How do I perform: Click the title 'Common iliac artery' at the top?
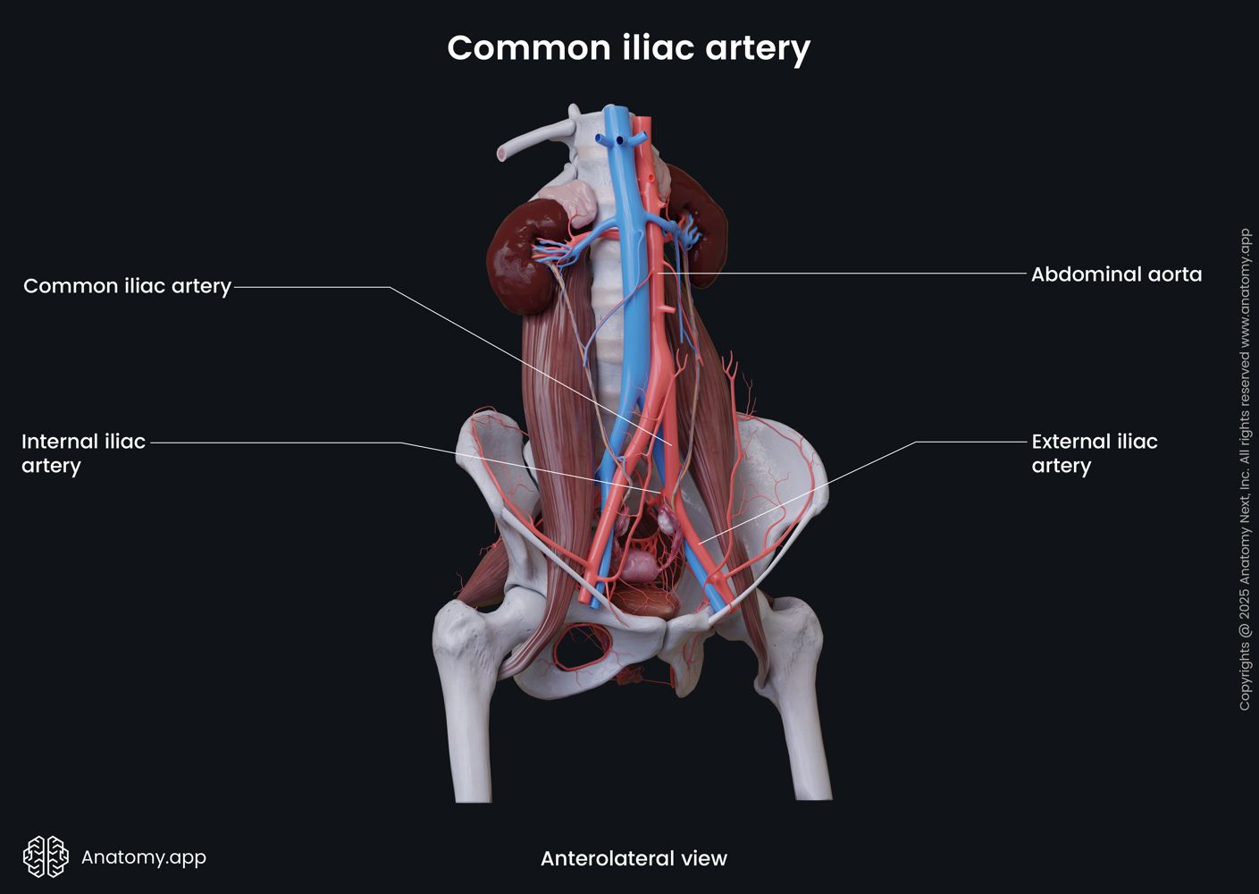(628, 47)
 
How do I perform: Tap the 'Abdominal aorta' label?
(1116, 274)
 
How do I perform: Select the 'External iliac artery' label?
(1094, 453)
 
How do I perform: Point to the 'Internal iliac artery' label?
(83, 453)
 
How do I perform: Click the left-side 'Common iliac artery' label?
(127, 286)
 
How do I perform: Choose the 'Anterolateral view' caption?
(634, 858)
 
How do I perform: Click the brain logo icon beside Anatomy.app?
(46, 856)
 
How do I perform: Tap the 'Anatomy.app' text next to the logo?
(144, 857)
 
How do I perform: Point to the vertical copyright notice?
(1245, 469)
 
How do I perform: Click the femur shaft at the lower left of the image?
(470, 742)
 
